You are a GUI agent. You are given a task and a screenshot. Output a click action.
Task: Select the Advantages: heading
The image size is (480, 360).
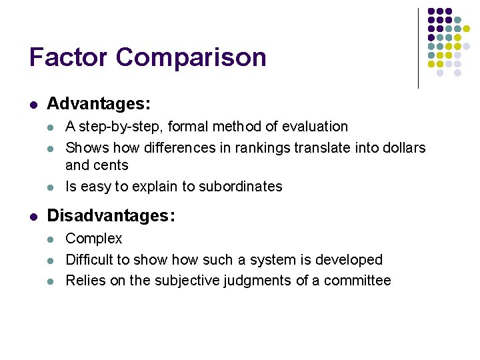click(x=99, y=105)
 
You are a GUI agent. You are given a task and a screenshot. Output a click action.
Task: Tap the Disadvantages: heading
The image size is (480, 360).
click(x=111, y=216)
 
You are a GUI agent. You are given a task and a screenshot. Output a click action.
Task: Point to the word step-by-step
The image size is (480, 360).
click(x=111, y=127)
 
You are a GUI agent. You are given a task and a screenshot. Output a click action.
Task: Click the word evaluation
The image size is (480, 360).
click(x=314, y=127)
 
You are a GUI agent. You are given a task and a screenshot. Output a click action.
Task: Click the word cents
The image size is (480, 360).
click(x=111, y=165)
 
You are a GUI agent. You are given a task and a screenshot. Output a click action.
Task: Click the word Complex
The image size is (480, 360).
click(x=94, y=239)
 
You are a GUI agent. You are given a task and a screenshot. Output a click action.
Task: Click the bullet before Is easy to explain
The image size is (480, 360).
click(x=52, y=187)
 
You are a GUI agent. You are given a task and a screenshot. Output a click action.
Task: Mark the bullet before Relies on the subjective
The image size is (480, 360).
click(x=52, y=281)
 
